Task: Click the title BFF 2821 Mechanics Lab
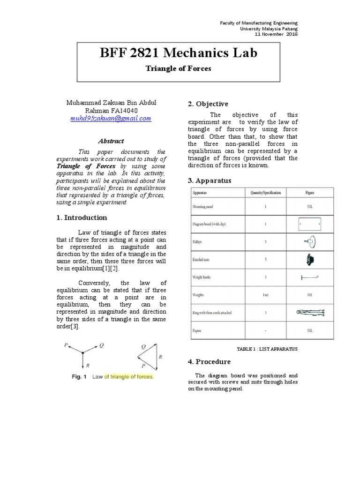point(178,53)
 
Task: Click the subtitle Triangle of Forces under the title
point(178,68)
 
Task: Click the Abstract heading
point(111,141)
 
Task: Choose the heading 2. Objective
point(208,104)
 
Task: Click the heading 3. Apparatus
point(209,180)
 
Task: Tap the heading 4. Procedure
point(209,361)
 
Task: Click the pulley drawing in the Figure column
point(309,242)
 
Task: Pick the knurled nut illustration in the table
point(309,259)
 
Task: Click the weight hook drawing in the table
point(309,277)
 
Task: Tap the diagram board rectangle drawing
point(309,224)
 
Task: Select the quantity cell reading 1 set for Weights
point(265,295)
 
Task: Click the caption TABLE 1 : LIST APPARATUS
point(267,349)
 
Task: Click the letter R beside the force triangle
point(160,356)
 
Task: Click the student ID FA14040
point(124,111)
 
